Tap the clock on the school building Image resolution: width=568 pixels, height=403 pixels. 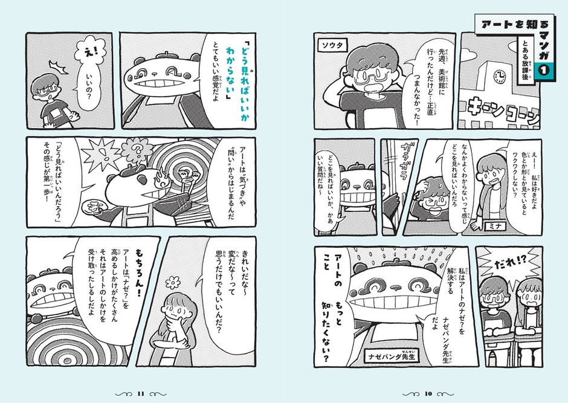499,77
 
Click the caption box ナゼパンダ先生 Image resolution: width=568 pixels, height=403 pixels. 394,356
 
